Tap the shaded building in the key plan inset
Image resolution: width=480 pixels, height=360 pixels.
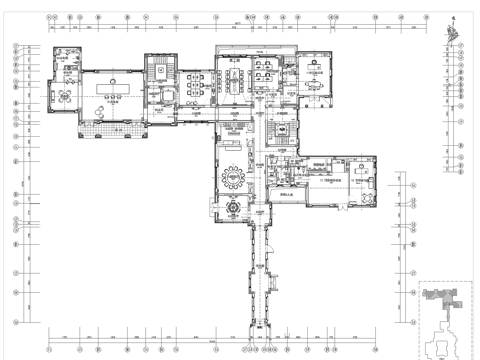(x=440, y=297)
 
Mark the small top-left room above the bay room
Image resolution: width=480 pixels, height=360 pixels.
(x=66, y=58)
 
